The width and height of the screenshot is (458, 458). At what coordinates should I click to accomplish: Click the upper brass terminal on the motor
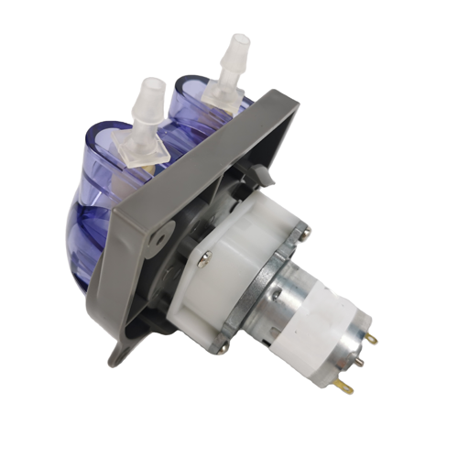click(x=372, y=338)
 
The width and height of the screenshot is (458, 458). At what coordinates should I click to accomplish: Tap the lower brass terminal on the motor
click(x=346, y=388)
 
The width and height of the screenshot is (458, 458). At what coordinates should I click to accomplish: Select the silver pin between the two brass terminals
click(x=358, y=361)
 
